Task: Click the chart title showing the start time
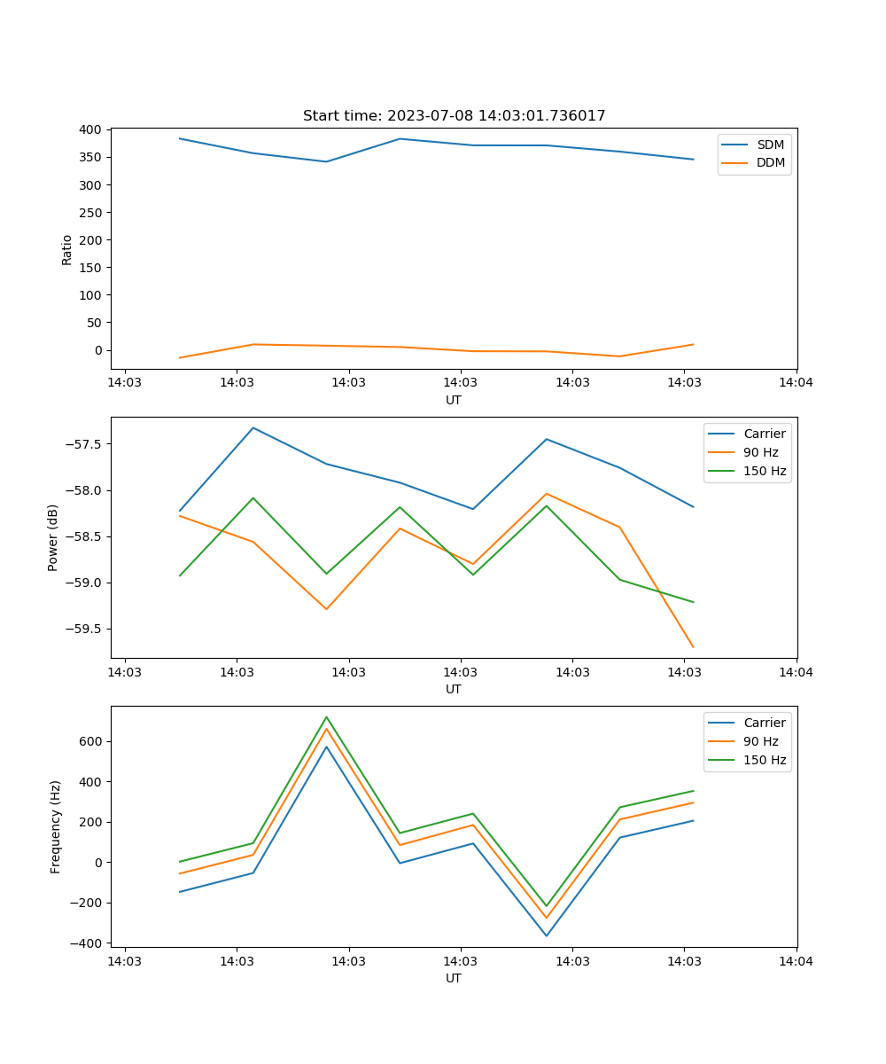(x=454, y=116)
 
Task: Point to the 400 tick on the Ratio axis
(x=89, y=129)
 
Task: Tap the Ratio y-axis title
(x=67, y=249)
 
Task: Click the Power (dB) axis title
(x=53, y=537)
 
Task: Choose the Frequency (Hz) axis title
(x=56, y=826)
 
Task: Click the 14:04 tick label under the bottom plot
(x=796, y=960)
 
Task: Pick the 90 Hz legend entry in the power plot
(x=760, y=452)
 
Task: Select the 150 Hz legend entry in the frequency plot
(x=765, y=760)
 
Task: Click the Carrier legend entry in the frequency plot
(x=764, y=723)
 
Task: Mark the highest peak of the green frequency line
(x=326, y=716)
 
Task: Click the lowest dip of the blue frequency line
(x=546, y=935)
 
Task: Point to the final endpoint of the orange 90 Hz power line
(x=693, y=647)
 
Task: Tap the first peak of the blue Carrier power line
(x=253, y=427)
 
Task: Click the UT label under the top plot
(x=454, y=400)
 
